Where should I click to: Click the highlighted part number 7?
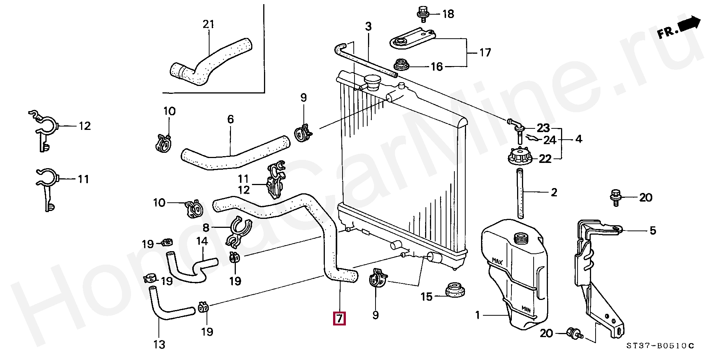coord(339,318)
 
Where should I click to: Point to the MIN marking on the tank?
coord(526,309)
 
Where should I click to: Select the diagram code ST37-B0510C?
coord(660,346)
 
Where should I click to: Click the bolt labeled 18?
coord(423,14)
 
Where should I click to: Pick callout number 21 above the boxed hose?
coord(208,24)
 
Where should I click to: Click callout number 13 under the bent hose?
coord(159,344)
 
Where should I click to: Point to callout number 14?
coord(202,241)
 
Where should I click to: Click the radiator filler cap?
coord(372,82)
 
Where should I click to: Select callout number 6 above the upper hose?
coord(231,119)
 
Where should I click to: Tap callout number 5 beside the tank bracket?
coord(653,230)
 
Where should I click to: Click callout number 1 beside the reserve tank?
coord(478,315)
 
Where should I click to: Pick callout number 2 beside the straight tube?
coord(554,193)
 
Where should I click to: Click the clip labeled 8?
coord(240,232)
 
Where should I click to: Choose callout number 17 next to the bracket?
coord(485,53)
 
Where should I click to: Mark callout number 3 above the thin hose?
coord(368,26)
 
